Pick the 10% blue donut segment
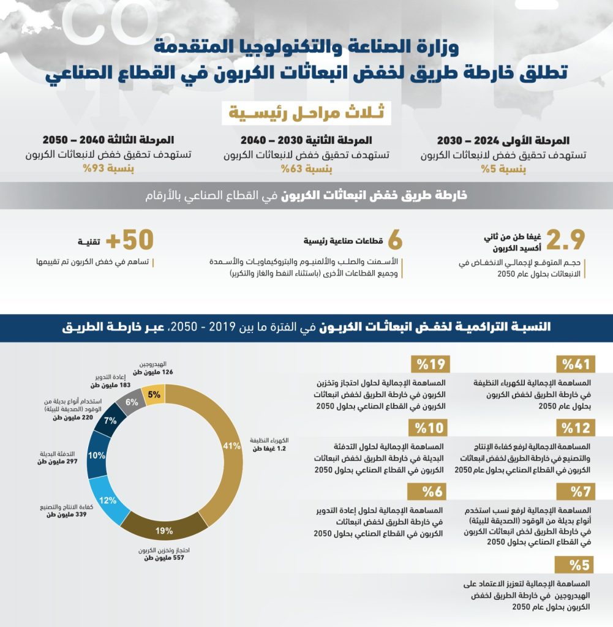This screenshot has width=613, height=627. click(97, 456)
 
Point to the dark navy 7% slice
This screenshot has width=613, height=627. click(111, 420)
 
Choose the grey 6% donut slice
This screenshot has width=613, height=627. click(131, 402)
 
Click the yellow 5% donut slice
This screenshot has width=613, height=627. click(154, 395)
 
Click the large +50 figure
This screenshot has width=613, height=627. click(130, 240)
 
